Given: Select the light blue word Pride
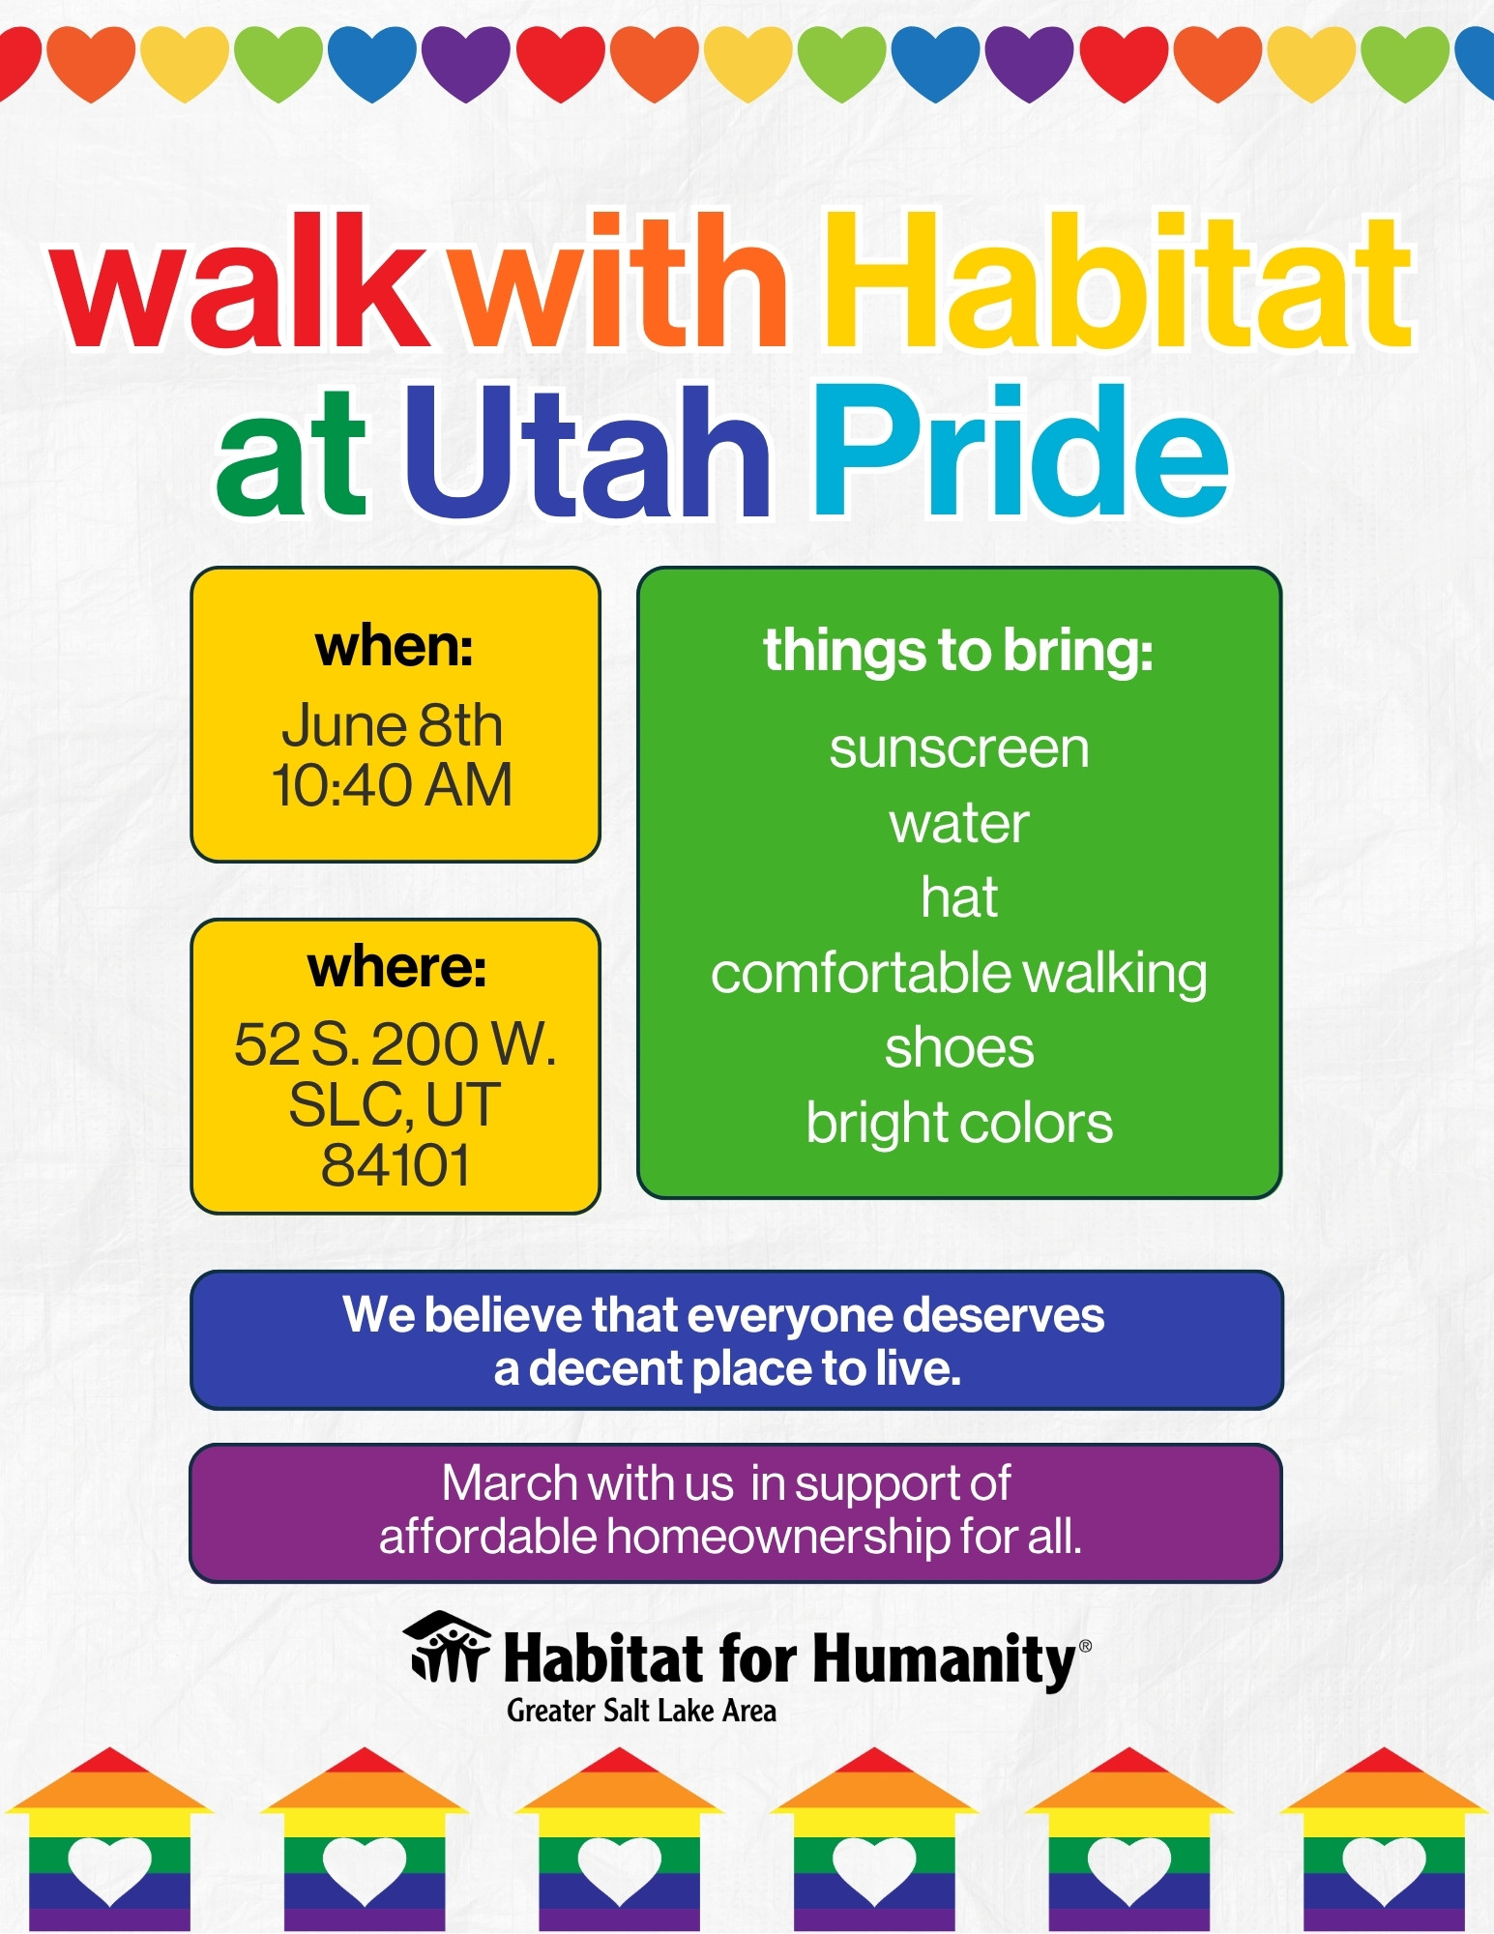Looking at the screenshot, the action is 1021,451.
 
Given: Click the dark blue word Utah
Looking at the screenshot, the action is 587,451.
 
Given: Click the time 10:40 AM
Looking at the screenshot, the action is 392,784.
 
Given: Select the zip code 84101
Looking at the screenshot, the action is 395,1164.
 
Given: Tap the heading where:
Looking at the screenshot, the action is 396,967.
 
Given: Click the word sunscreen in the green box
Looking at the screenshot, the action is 959,748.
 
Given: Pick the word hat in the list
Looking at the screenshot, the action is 959,897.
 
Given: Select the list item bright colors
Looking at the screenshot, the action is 959,1124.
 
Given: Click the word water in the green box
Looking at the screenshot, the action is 959,824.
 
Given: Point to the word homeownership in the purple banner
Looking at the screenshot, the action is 778,1537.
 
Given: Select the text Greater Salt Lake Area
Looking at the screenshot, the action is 641,1711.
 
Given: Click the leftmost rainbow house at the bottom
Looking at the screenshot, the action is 109,1839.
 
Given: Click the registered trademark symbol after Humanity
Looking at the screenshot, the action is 1085,1645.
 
